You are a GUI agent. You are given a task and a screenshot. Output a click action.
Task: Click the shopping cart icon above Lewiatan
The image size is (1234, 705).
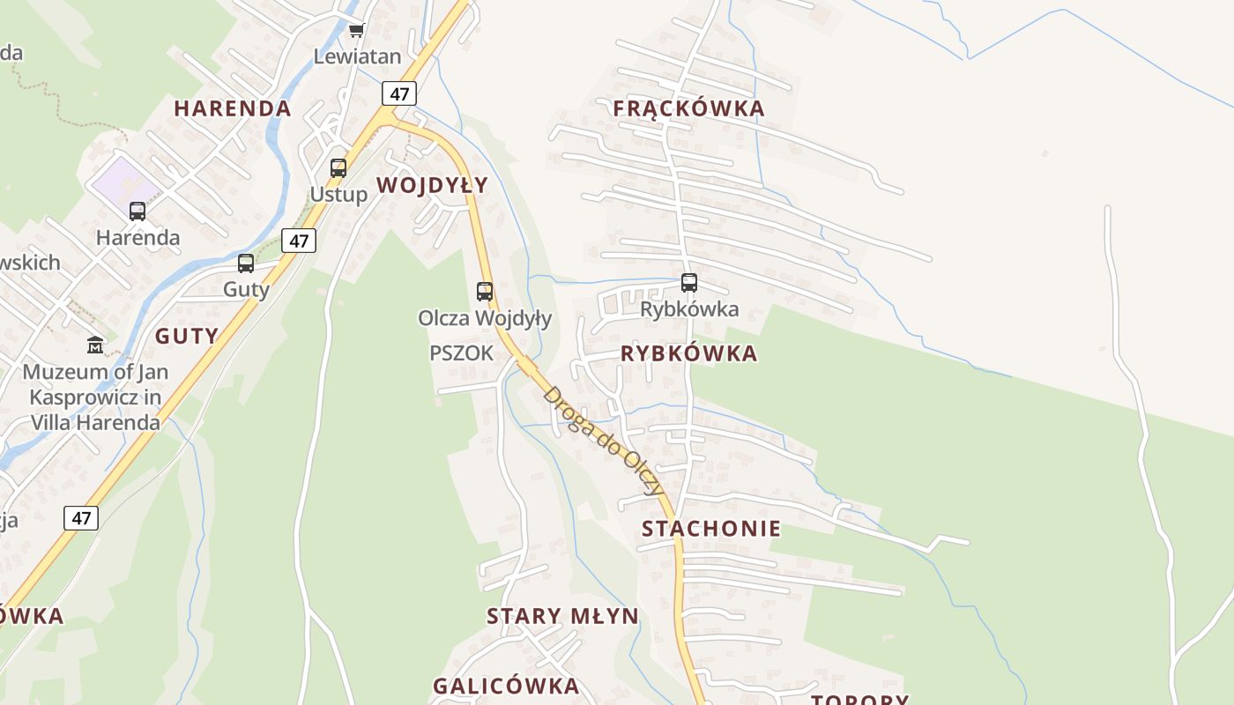pyautogui.click(x=356, y=31)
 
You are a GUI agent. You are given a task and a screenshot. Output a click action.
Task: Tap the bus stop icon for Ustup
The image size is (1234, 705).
pyautogui.click(x=338, y=167)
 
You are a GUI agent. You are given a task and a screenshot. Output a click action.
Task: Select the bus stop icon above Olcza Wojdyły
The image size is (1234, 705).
pyautogui.click(x=484, y=291)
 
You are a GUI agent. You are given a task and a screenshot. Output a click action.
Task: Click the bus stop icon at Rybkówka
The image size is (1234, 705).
pyautogui.click(x=689, y=283)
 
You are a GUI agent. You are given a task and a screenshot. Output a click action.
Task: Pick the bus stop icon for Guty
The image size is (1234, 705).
pyautogui.click(x=246, y=263)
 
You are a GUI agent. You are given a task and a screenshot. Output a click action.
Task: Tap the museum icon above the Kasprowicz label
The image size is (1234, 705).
pyautogui.click(x=95, y=345)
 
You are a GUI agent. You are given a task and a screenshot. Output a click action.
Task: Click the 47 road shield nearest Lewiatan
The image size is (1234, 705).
pyautogui.click(x=400, y=93)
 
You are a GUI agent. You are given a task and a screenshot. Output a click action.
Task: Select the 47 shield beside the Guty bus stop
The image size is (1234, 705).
pyautogui.click(x=299, y=241)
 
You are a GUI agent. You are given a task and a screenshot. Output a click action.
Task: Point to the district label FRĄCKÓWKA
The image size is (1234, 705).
pyautogui.click(x=688, y=108)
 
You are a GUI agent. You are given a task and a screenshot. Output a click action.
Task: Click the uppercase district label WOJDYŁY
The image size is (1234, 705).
pyautogui.click(x=432, y=185)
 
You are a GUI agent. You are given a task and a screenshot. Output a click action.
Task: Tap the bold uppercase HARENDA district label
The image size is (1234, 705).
pyautogui.click(x=232, y=108)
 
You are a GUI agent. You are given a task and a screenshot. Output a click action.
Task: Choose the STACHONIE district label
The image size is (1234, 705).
pyautogui.click(x=711, y=529)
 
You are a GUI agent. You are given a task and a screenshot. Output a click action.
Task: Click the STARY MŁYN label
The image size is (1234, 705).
pyautogui.click(x=562, y=616)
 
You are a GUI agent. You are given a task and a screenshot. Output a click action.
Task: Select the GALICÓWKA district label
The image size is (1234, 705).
pyautogui.click(x=506, y=686)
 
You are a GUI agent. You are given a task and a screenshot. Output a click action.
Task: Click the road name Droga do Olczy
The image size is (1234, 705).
pyautogui.click(x=603, y=441)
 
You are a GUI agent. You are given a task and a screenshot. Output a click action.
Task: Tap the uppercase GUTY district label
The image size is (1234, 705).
pyautogui.click(x=187, y=336)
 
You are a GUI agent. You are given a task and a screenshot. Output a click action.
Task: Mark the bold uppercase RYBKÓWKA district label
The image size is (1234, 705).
pyautogui.click(x=688, y=353)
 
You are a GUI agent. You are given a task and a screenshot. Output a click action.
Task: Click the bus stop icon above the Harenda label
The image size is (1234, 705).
pyautogui.click(x=138, y=211)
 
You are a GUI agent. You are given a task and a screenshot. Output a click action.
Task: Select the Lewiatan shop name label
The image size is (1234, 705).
pyautogui.click(x=357, y=56)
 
